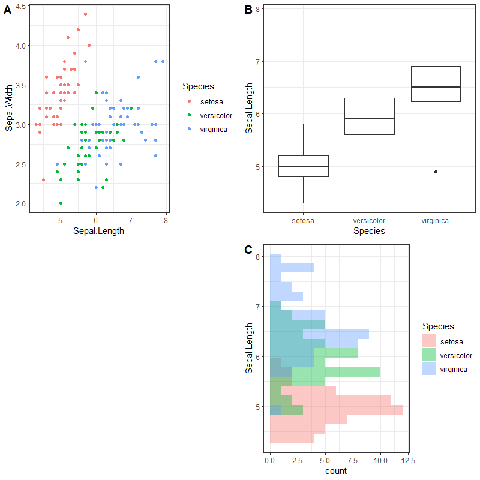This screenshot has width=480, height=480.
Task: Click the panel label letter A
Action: (8, 10)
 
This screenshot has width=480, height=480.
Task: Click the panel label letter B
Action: (248, 10)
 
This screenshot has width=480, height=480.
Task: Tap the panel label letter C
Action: (248, 250)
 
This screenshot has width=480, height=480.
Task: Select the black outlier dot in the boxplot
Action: (436, 172)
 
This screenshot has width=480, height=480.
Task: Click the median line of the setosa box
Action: (304, 166)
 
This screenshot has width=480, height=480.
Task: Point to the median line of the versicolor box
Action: (370, 119)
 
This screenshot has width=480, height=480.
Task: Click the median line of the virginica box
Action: (436, 87)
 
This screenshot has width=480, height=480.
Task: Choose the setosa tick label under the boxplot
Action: (304, 220)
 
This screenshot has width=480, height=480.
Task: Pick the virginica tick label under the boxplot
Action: (436, 220)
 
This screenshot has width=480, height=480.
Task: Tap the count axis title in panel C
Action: (336, 471)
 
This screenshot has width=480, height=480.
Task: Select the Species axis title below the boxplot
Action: (369, 230)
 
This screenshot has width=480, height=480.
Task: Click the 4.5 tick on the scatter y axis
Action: (20, 6)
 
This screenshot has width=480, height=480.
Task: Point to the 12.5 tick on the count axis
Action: (408, 460)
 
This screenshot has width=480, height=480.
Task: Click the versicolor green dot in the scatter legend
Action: (190, 115)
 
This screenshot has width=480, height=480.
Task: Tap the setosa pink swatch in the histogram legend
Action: (429, 342)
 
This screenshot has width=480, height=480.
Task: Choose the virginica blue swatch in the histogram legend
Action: (429, 370)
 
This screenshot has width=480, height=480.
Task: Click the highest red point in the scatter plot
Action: (85, 14)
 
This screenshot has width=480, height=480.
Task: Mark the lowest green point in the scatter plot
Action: (61, 203)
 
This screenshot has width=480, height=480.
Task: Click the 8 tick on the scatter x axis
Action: (166, 220)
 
